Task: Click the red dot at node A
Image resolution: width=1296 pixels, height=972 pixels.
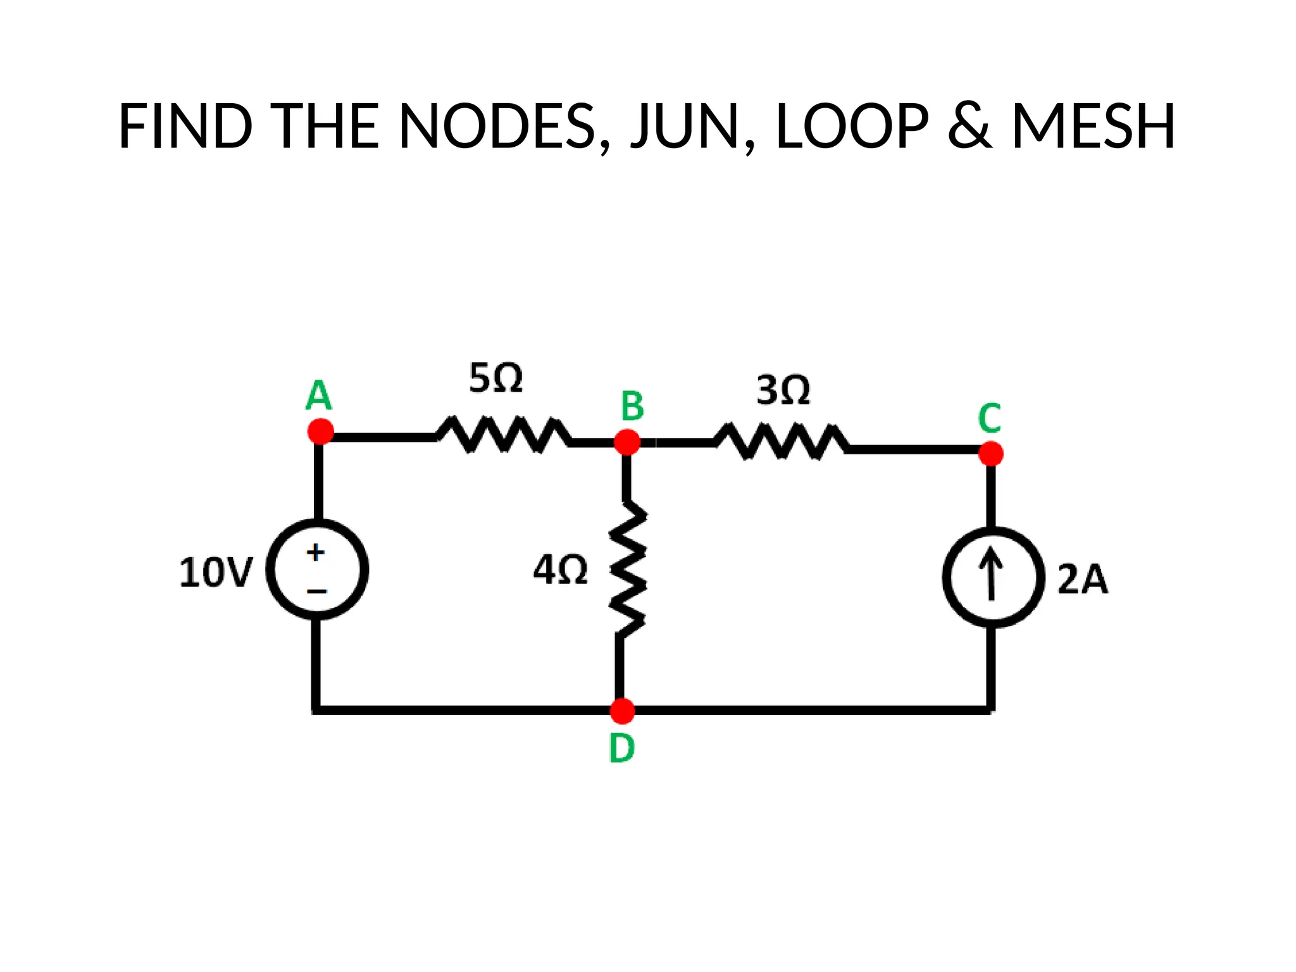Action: click(x=320, y=432)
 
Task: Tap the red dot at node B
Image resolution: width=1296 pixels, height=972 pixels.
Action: click(x=627, y=442)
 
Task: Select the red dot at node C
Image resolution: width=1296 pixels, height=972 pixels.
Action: click(x=991, y=454)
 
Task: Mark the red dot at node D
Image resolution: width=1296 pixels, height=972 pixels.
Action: click(x=622, y=711)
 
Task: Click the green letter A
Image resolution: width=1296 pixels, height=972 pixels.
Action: click(x=318, y=396)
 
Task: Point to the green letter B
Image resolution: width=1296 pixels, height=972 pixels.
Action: click(x=632, y=406)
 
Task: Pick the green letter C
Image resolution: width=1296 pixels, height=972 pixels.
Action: click(x=990, y=418)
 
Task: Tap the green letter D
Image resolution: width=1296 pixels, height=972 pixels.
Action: click(x=621, y=748)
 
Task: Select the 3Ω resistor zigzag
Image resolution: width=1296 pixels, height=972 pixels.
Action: click(x=782, y=441)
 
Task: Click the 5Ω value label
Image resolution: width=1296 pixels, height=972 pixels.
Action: click(x=495, y=378)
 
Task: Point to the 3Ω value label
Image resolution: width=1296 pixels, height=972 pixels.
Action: click(x=783, y=390)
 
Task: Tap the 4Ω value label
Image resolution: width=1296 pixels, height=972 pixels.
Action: click(x=560, y=570)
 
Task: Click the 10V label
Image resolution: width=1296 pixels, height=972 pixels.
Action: click(x=216, y=573)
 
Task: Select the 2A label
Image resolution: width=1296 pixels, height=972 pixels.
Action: click(x=1083, y=579)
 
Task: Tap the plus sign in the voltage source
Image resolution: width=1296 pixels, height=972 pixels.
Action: click(x=315, y=552)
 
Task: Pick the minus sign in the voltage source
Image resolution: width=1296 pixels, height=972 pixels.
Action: click(x=316, y=592)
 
